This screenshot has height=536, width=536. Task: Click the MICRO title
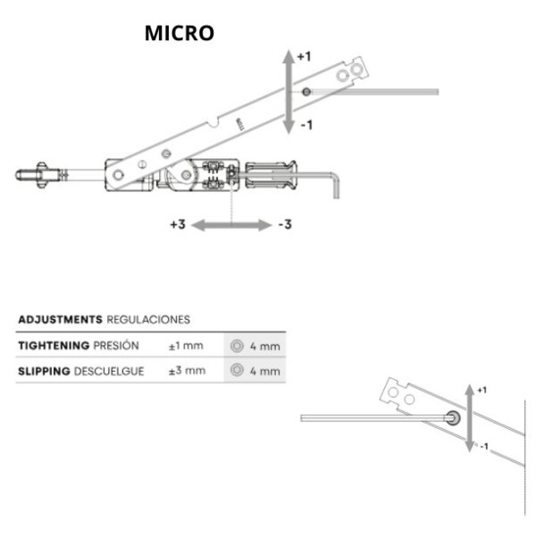[x=180, y=33]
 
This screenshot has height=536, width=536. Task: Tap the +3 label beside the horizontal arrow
[x=178, y=224]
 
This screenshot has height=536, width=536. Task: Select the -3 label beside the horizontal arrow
[x=285, y=224]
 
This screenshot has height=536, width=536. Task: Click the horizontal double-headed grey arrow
[x=231, y=225]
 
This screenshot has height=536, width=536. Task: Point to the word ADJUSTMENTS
[x=60, y=320]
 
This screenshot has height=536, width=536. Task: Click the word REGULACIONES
[x=148, y=320]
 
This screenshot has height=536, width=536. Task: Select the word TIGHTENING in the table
[x=54, y=346]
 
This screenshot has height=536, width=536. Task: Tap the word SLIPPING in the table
[x=44, y=372]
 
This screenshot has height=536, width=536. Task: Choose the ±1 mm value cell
[x=186, y=346]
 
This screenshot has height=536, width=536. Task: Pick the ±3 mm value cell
[x=187, y=371]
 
